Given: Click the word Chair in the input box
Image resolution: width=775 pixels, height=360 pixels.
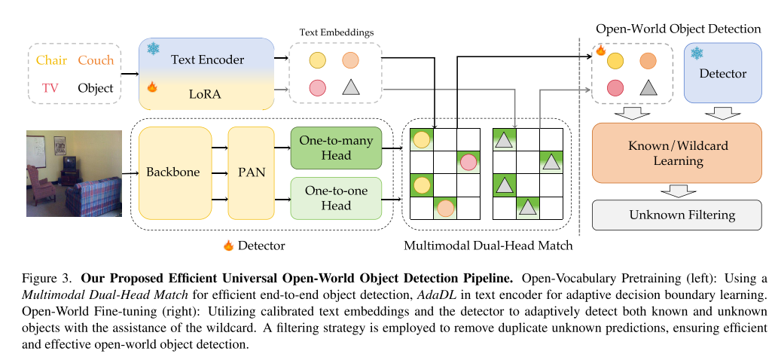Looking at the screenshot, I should (x=50, y=60).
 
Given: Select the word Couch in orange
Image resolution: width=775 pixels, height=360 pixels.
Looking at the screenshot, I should (x=96, y=60).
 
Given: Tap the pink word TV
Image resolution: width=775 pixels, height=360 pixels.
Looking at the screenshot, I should (x=50, y=88).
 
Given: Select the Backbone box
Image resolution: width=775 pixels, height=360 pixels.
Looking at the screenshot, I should (x=173, y=172).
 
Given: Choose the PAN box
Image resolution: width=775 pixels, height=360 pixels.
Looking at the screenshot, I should (x=247, y=172).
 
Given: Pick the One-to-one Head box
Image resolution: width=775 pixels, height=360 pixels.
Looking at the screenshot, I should (x=336, y=198).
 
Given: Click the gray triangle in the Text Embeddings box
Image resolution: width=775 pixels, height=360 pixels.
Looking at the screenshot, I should (x=350, y=87).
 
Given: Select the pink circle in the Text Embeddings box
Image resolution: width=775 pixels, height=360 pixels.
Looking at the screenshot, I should (x=317, y=87).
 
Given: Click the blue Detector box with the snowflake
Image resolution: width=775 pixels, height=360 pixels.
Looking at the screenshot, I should (x=722, y=73).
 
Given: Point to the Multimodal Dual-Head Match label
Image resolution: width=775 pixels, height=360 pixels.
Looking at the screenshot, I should (x=487, y=246).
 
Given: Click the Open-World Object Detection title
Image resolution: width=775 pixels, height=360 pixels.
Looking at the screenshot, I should (x=678, y=29).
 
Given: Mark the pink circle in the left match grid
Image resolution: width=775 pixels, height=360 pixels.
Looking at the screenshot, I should (x=468, y=161).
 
